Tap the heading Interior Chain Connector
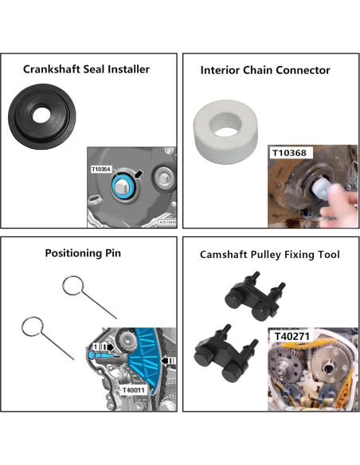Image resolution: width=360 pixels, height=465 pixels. pos(265,71)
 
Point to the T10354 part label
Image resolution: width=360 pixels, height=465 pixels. pos(104,169)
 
